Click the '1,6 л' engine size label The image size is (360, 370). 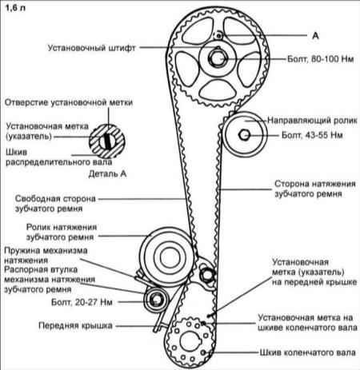tap(15, 8)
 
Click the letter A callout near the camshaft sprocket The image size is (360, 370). tap(315, 35)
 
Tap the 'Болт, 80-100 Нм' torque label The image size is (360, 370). tap(321, 59)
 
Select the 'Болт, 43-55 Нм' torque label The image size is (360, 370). tap(312, 135)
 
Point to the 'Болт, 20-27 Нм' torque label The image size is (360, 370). tap(82, 302)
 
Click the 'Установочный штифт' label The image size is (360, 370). tap(92, 48)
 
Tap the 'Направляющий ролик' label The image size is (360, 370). tap(312, 121)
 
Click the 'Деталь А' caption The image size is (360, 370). tap(107, 173)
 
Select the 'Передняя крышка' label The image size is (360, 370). tap(75, 325)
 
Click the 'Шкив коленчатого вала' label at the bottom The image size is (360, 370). tap(308, 352)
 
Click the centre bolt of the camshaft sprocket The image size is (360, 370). tap(217, 58)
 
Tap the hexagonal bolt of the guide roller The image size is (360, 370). tap(244, 135)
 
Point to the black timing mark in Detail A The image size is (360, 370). tap(107, 141)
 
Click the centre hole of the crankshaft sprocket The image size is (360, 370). tap(190, 341)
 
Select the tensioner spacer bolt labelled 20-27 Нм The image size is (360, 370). tap(156, 300)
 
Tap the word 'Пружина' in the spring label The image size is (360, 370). tap(22, 251)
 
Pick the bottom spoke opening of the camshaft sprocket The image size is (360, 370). tap(218, 90)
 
